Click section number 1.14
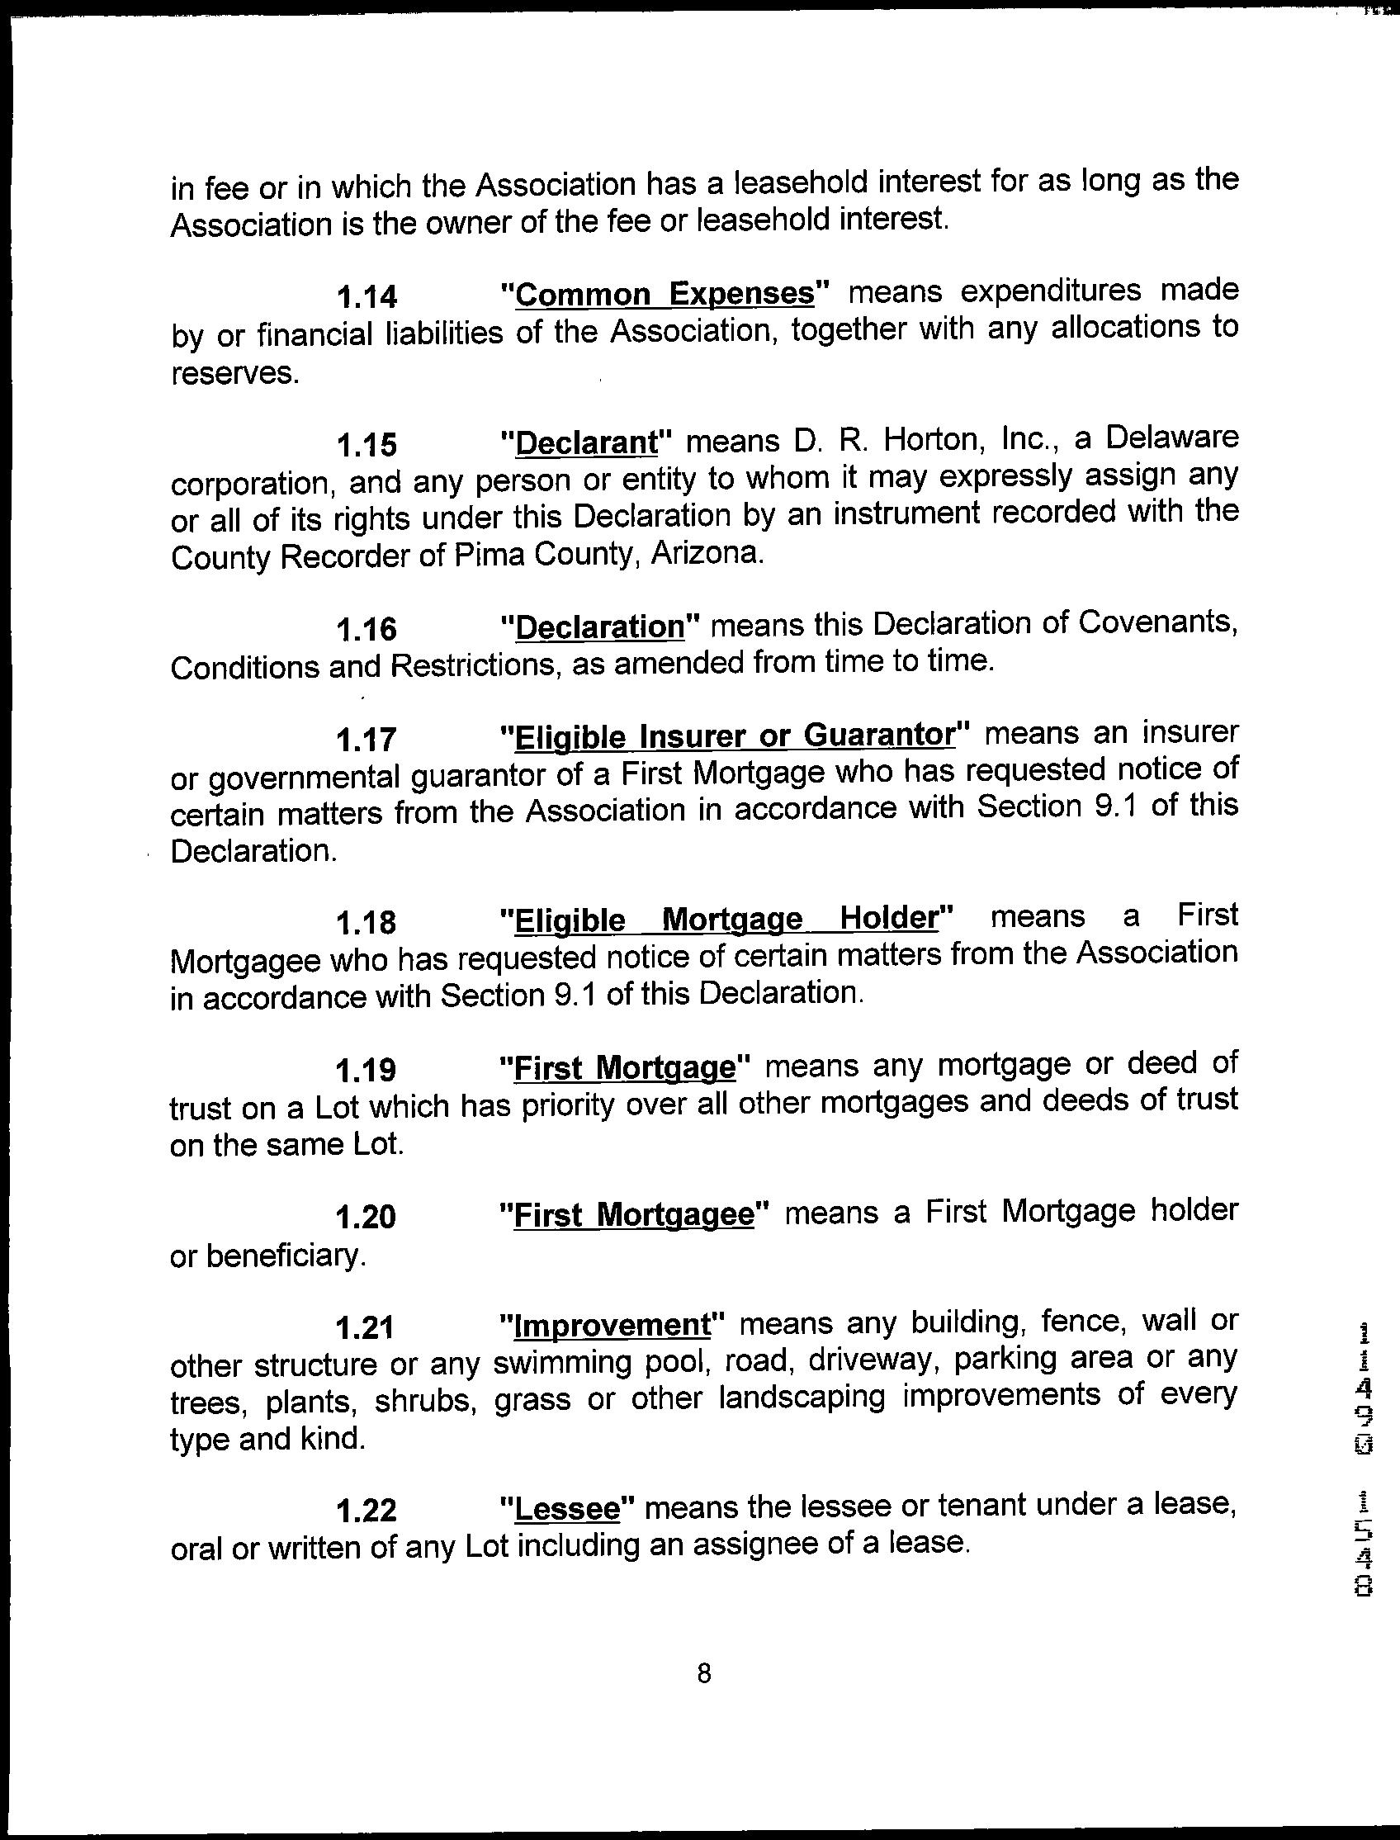click(366, 296)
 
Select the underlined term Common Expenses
click(665, 294)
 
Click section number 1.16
click(366, 629)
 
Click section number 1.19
click(366, 1069)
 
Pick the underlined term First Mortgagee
click(634, 1216)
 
